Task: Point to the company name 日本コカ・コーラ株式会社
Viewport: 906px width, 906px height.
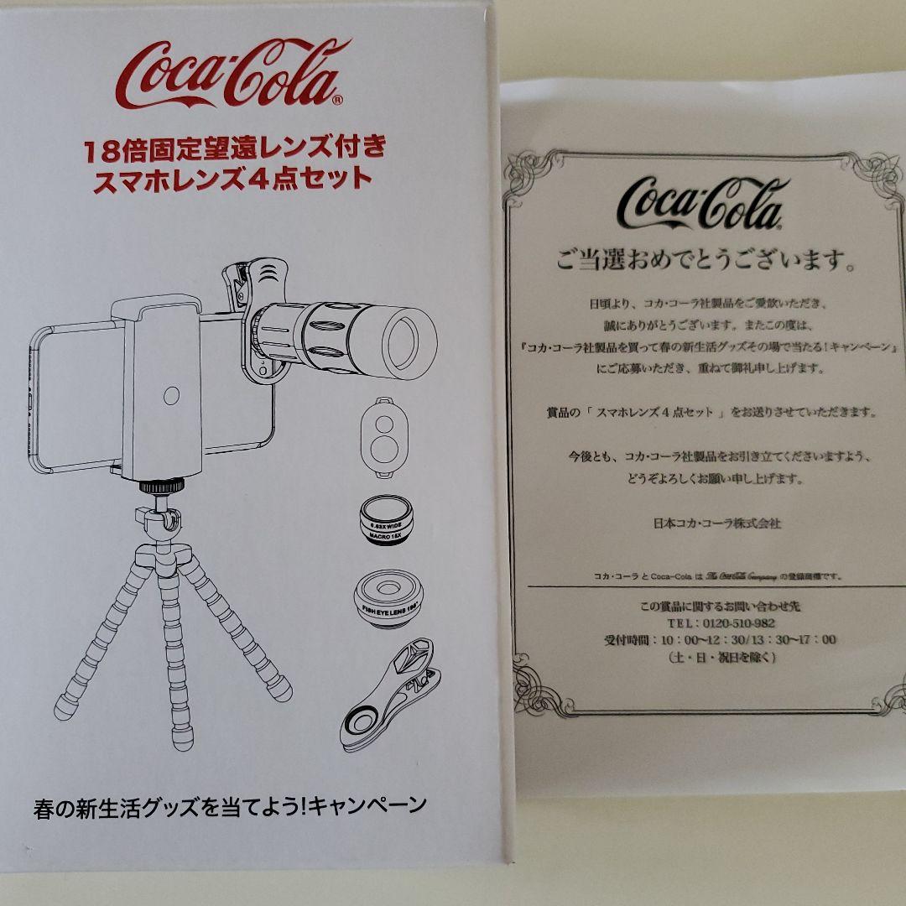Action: [716, 523]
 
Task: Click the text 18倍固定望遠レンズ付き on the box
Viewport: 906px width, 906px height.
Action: [234, 149]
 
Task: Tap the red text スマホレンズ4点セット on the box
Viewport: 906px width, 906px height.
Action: [234, 179]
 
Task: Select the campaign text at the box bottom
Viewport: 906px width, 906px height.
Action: [231, 807]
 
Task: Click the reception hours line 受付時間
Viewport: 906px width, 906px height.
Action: [719, 640]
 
